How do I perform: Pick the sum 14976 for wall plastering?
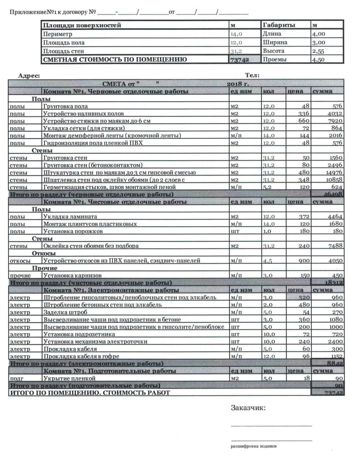[333, 172]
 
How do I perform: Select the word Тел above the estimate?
[252, 75]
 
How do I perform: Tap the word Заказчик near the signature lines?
[248, 408]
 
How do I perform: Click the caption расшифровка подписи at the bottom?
[254, 446]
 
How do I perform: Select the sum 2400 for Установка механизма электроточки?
[335, 341]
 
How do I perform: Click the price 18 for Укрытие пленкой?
[305, 378]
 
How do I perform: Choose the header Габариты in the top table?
[279, 25]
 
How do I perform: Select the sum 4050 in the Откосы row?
[335, 261]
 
